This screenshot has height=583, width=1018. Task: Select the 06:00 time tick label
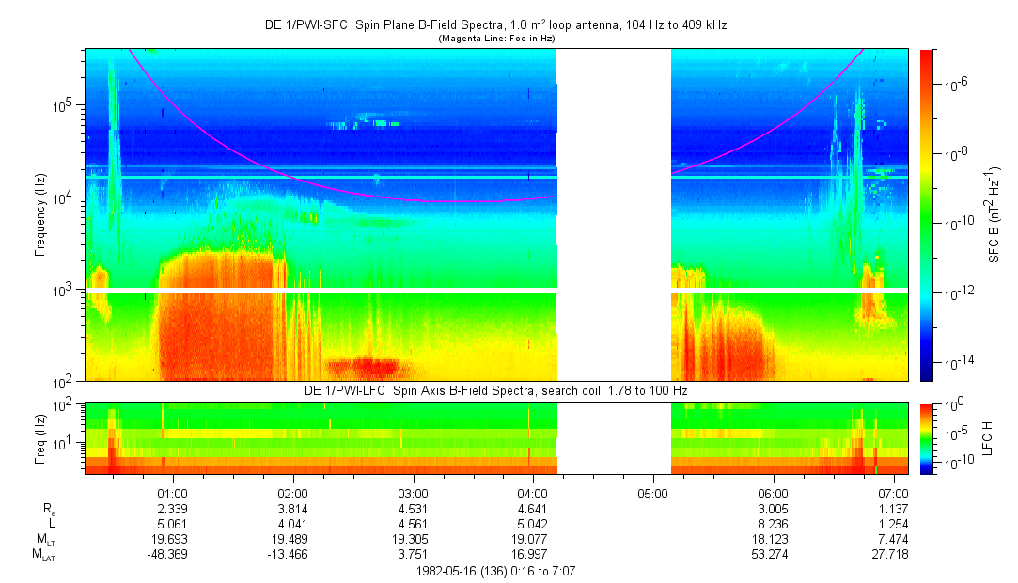tap(773, 493)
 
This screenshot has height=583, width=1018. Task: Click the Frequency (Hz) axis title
tap(40, 215)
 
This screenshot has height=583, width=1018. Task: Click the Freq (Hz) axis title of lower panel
tap(40, 438)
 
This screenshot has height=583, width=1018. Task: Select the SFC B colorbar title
tap(995, 215)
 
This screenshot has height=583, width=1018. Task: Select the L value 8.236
tap(773, 524)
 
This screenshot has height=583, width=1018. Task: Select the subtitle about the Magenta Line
tap(497, 39)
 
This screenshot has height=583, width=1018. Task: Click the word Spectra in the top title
tap(462, 25)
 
